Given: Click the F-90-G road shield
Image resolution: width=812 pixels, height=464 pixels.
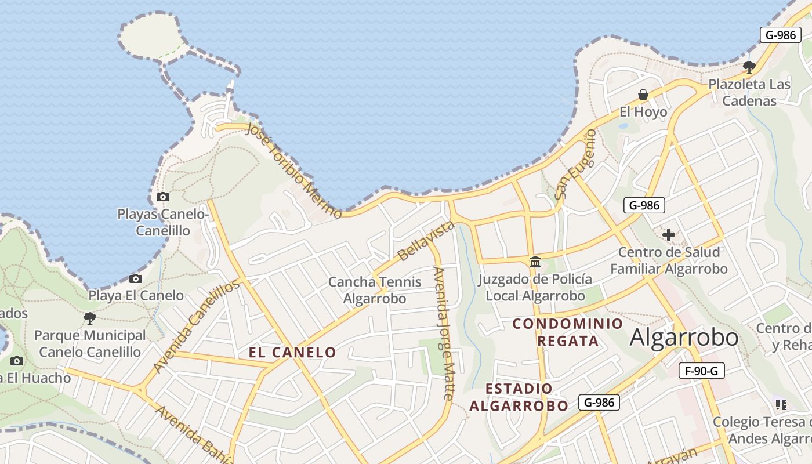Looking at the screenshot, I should pos(701,371).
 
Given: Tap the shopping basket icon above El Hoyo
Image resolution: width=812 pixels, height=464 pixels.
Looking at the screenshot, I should pos(643,95).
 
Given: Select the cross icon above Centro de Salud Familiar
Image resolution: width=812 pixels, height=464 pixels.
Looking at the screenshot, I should pos(669,235).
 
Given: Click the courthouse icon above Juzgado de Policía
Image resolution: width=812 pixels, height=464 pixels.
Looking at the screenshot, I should pos(535,262).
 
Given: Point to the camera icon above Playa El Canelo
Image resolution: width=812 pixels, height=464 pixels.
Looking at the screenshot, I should pos(136,279).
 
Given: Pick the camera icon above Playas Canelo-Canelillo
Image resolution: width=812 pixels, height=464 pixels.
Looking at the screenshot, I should pos(163,197).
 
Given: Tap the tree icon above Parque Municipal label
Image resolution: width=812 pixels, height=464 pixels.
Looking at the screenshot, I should pos(89,318).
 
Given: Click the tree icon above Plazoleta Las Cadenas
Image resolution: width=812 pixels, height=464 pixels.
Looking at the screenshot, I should pos(749,67).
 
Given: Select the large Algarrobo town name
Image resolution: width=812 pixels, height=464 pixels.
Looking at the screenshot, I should pos(684,337).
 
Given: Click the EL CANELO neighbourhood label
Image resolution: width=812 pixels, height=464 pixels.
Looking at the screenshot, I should pos(292,352).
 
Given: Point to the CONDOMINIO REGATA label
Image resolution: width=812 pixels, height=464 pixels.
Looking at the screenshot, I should pos(568,332).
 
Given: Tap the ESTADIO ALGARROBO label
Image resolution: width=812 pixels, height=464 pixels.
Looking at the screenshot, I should pos(519,397).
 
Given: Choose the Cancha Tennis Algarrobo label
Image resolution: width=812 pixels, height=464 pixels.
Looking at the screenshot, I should pos(375,290).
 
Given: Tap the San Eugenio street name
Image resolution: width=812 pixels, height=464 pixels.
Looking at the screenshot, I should pos(575,164).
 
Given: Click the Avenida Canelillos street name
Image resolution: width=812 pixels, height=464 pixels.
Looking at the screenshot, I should pos(196,327).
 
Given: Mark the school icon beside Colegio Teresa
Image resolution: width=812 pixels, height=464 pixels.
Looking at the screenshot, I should pos(781,405).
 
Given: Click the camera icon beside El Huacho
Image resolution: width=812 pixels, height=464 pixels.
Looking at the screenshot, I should pos(17,361).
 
